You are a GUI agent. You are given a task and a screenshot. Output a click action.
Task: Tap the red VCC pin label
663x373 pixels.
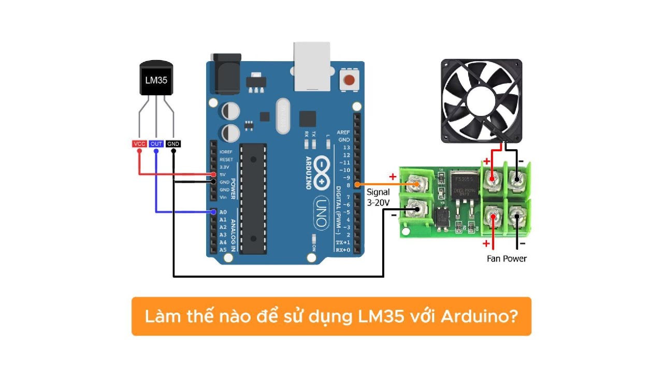click(139, 144)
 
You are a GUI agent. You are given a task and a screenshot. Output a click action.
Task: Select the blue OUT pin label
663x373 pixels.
click(156, 144)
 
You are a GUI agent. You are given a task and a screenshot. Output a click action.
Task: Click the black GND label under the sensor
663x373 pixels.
click(173, 144)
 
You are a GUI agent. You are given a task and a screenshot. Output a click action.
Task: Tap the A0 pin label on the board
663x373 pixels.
click(223, 212)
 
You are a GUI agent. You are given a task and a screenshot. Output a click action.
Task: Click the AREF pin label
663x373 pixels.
click(343, 133)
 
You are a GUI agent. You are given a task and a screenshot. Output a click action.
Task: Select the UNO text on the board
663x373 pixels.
click(321, 212)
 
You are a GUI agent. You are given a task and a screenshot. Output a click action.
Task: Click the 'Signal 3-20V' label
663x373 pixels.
click(378, 197)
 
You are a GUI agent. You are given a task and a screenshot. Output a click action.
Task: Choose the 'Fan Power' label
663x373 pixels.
click(507, 259)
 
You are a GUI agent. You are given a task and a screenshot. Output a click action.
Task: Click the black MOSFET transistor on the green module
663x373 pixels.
click(463, 187)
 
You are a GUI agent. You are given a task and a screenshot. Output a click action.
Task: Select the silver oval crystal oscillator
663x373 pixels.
click(284, 115)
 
